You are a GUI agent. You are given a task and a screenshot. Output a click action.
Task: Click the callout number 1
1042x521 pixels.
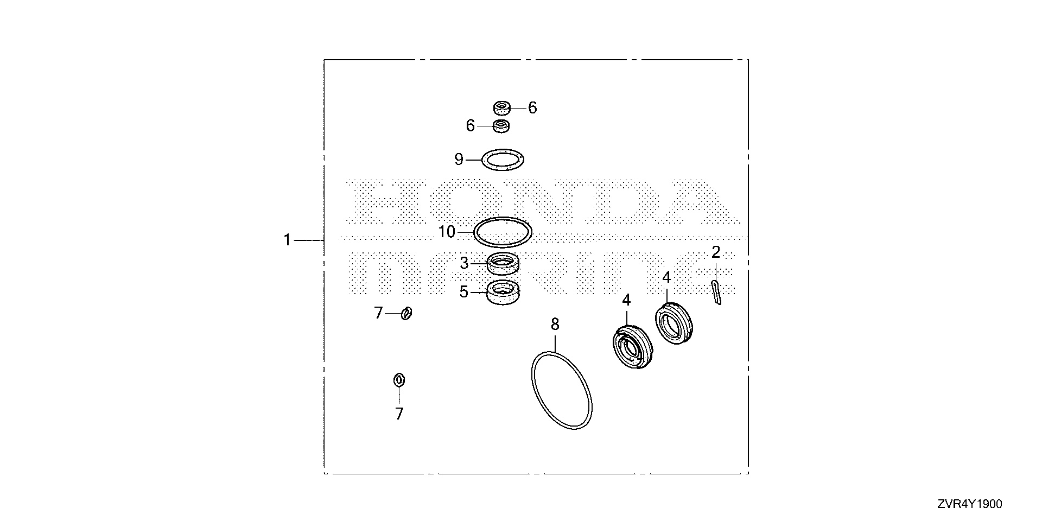pos(287,239)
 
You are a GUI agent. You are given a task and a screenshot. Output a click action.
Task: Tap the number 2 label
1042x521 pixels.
pos(716,252)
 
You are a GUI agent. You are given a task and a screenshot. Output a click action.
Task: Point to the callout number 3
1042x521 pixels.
pos(464,264)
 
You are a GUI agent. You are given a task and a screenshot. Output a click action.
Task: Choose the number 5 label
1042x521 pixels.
pos(463,292)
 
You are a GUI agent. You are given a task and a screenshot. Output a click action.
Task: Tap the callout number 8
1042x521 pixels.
pos(555,325)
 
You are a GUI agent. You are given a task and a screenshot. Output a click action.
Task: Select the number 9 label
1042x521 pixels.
pos(459,160)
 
